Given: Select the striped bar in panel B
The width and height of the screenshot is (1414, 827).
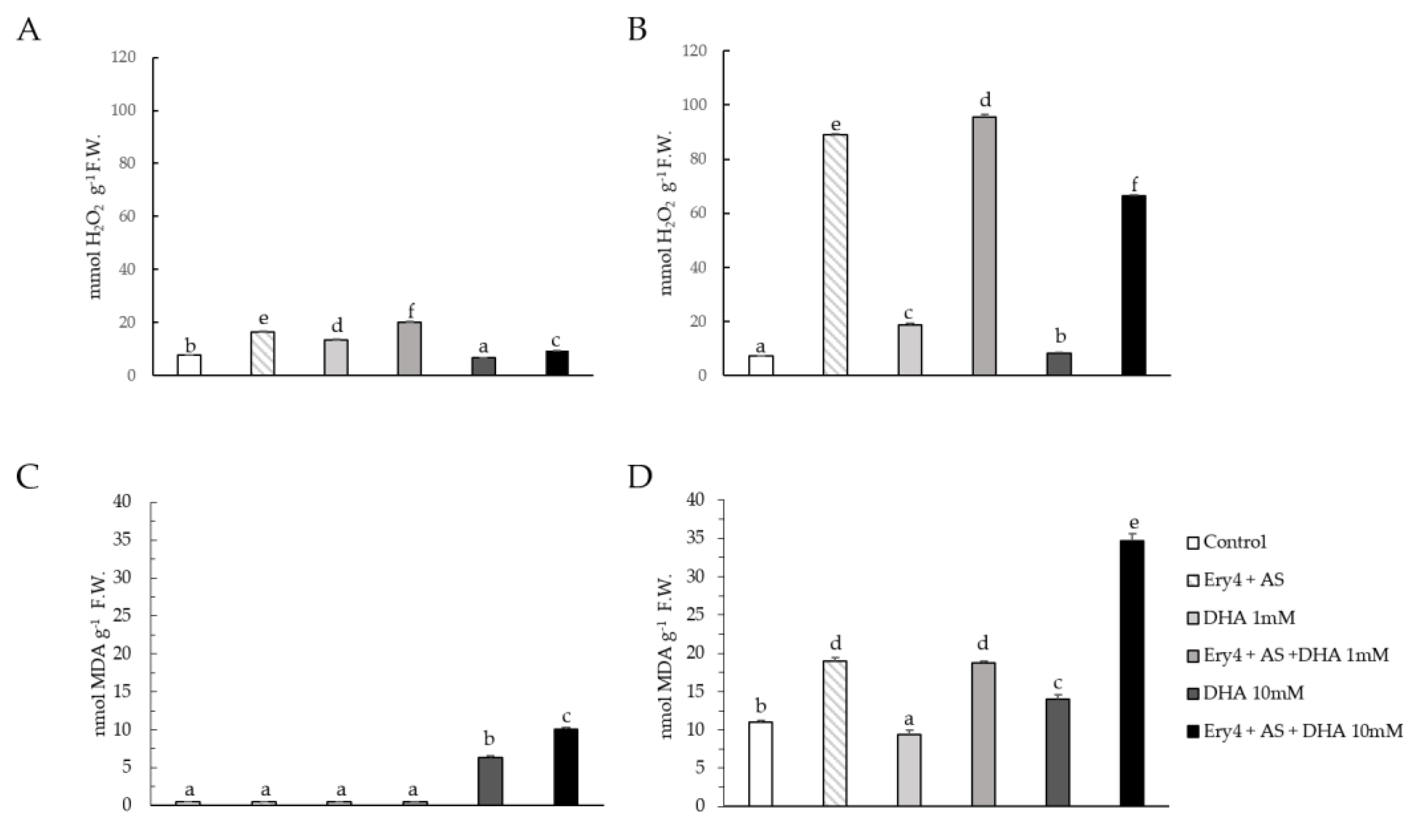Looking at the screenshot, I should coord(835,255).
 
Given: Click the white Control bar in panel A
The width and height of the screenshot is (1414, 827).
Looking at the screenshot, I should coord(189,365).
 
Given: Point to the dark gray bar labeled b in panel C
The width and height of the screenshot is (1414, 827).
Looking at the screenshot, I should coord(490,781).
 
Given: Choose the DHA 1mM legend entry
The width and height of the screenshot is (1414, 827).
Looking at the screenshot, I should coord(1240,618).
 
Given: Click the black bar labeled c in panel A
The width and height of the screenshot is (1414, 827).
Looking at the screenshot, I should coord(557,363).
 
